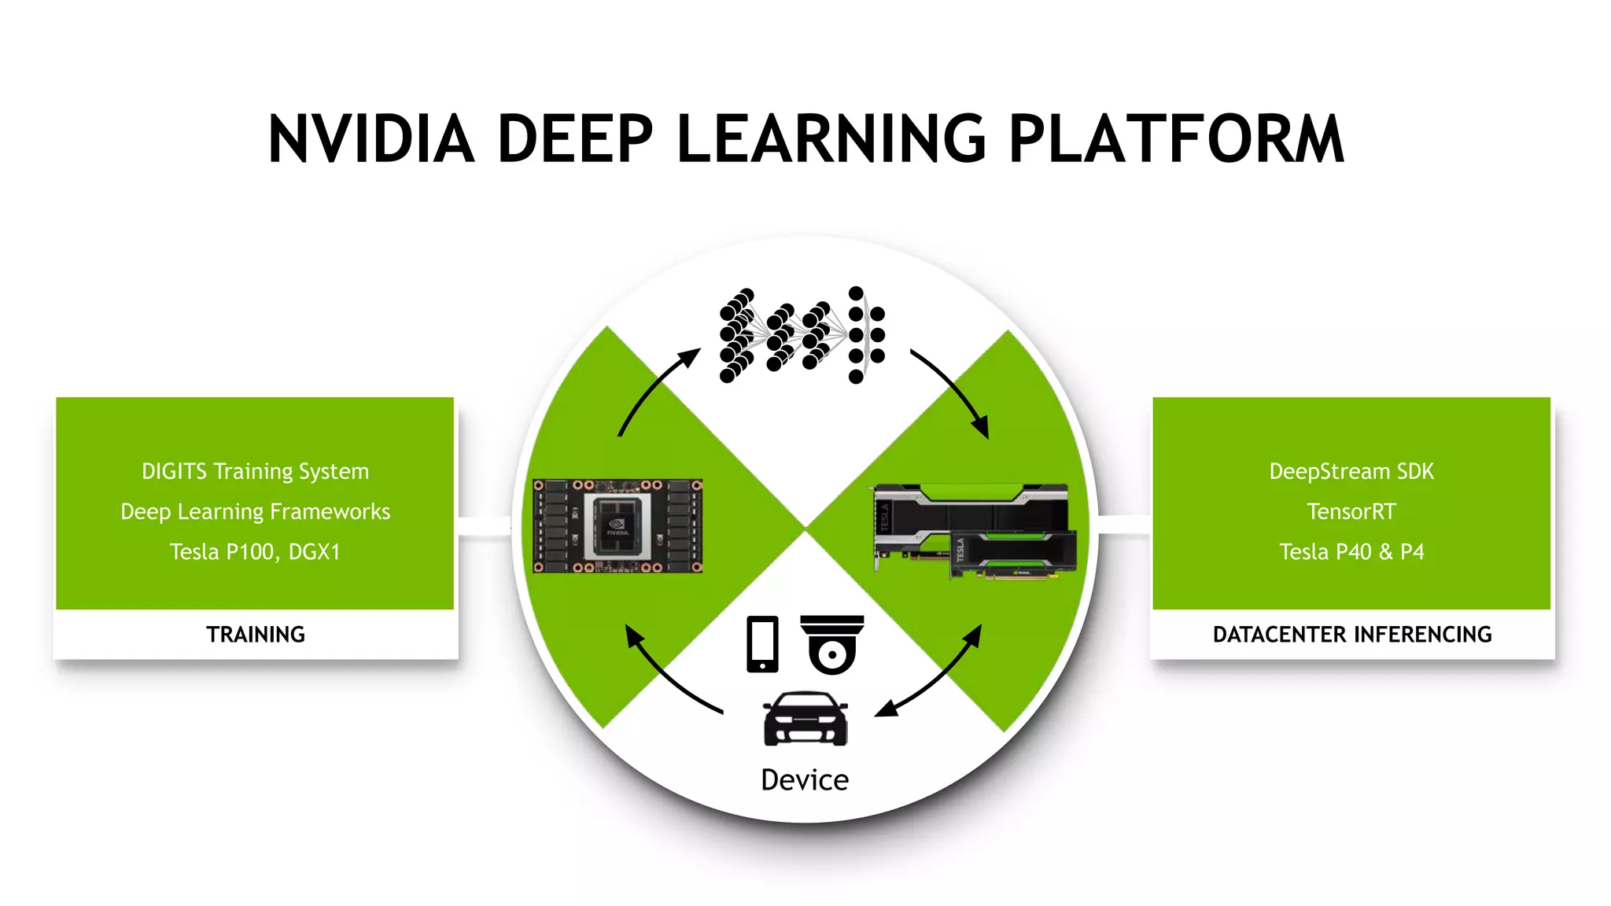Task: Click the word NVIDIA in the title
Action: (370, 139)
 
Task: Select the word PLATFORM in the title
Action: (1176, 139)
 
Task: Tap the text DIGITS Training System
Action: (255, 471)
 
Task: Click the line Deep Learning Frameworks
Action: (255, 512)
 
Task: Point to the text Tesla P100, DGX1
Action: (255, 552)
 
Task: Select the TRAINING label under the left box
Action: (255, 635)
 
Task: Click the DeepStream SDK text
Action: (1351, 471)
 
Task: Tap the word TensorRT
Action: (1351, 512)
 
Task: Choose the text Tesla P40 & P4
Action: (1351, 552)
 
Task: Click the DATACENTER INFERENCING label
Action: (1351, 635)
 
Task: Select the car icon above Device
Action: (805, 719)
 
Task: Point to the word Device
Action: (805, 780)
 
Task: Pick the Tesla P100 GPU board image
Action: (617, 526)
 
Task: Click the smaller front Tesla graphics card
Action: (1013, 554)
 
